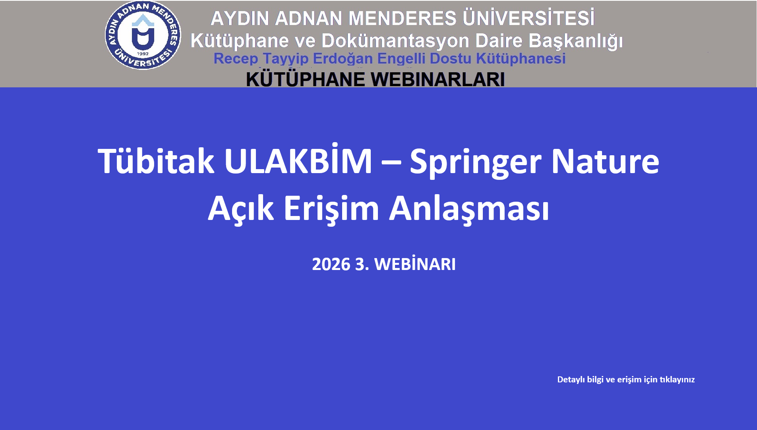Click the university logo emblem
tap(143, 35)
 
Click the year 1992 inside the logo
tap(143, 54)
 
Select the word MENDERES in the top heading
tap(402, 18)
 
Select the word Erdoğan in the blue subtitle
tap(343, 59)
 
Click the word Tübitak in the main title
tap(156, 161)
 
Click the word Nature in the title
tap(605, 161)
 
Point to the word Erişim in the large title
tap(331, 209)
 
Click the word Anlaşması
tap(469, 209)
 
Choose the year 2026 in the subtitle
tap(331, 264)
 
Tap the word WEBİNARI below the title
tap(415, 264)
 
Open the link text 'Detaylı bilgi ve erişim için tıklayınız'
tap(626, 380)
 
